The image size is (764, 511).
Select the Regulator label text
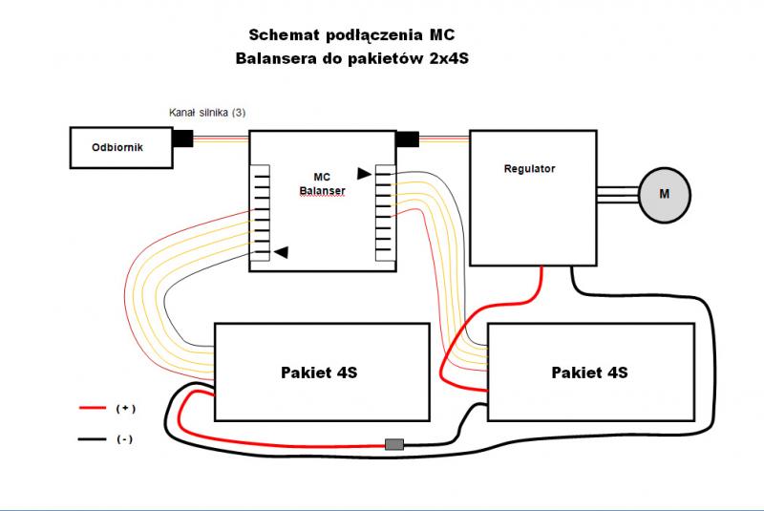point(529,169)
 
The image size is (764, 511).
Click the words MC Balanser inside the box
point(322,183)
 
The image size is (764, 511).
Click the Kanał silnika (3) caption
point(207,113)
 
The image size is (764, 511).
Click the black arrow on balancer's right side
point(364,173)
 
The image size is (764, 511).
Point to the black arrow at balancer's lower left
point(282,252)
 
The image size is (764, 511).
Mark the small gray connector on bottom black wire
point(393,444)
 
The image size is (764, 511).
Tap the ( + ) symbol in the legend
point(125,408)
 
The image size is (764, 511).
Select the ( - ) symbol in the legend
point(125,440)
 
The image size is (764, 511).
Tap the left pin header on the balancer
point(261,213)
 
